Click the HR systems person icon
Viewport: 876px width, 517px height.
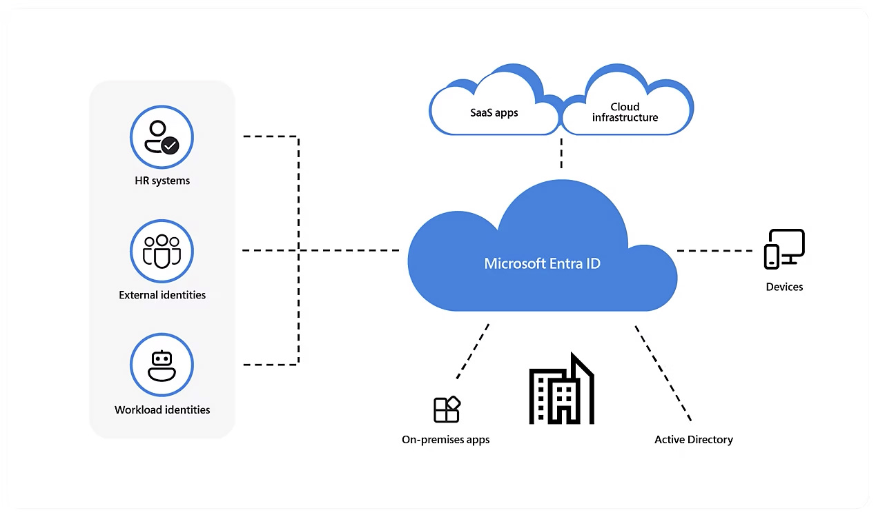tap(162, 137)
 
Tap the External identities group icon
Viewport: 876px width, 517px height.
tap(162, 252)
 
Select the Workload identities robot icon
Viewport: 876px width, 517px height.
tap(162, 365)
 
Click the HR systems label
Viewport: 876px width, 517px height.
tap(162, 181)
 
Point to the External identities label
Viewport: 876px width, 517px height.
tap(162, 295)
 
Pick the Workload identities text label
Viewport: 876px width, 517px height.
tap(162, 409)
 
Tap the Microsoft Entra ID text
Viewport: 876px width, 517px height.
tap(542, 263)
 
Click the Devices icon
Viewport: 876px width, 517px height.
tap(784, 249)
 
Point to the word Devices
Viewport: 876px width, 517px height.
tap(784, 287)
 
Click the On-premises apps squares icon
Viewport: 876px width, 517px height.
tap(447, 409)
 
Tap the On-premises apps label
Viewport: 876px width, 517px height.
tap(445, 439)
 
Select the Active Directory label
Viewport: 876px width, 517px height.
tap(693, 439)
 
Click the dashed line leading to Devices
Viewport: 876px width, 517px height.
tap(714, 251)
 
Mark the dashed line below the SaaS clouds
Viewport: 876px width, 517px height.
tap(561, 153)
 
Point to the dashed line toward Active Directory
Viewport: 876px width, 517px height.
tap(663, 372)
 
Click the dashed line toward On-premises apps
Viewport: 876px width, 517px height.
tap(473, 352)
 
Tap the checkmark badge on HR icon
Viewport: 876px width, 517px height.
tap(170, 145)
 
